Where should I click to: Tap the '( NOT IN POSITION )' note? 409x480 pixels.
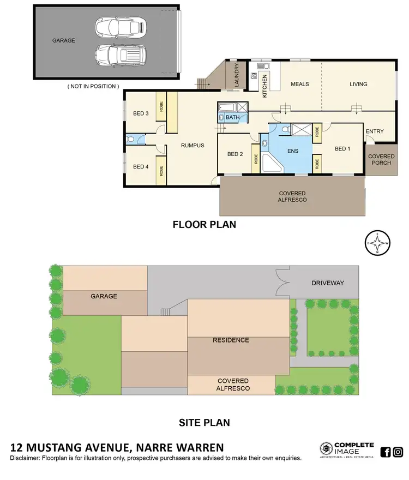[93, 86]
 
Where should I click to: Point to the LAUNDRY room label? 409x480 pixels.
[237, 75]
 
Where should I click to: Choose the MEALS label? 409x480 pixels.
[300, 84]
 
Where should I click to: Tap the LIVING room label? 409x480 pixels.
[358, 84]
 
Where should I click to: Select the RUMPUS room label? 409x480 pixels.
[193, 145]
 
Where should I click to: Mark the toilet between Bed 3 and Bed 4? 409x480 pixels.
[131, 140]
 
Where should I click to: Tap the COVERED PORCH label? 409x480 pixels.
[381, 159]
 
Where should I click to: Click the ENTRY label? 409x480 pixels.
[375, 131]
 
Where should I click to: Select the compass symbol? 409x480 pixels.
[377, 243]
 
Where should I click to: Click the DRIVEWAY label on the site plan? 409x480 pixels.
[328, 283]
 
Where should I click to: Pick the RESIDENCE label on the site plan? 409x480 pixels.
[231, 340]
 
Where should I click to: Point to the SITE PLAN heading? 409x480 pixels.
[204, 422]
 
